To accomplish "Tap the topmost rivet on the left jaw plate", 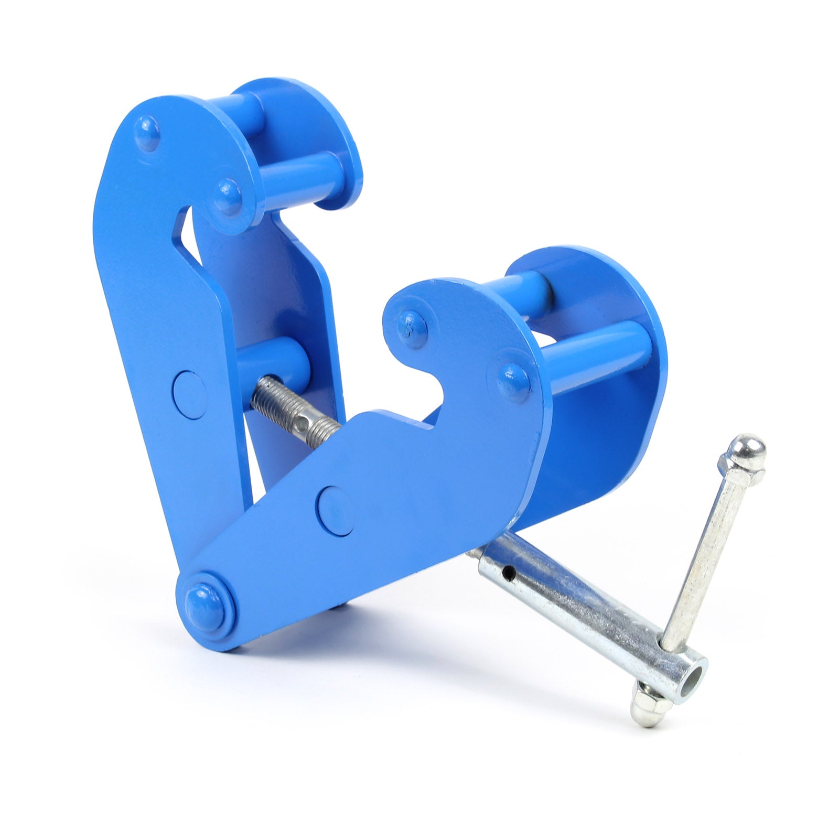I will click(x=148, y=132).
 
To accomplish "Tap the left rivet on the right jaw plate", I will click(x=412, y=327).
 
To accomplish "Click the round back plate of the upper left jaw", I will click(x=325, y=131).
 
